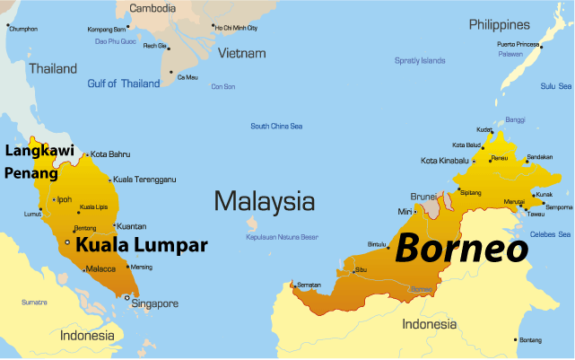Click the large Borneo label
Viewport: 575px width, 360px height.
click(x=461, y=249)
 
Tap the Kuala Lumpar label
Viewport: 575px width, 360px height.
click(x=141, y=244)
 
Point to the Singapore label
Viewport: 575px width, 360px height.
click(x=155, y=303)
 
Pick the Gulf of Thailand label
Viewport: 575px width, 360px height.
click(x=123, y=83)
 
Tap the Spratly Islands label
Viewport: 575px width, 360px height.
click(x=420, y=61)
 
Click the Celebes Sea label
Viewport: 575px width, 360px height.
click(x=549, y=234)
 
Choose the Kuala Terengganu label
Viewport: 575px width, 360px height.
click(x=144, y=180)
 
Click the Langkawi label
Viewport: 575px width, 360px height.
click(x=39, y=150)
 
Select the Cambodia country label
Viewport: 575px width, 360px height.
click(x=152, y=8)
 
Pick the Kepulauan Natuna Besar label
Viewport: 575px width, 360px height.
click(x=283, y=238)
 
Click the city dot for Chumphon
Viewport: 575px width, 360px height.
click(x=7, y=28)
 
